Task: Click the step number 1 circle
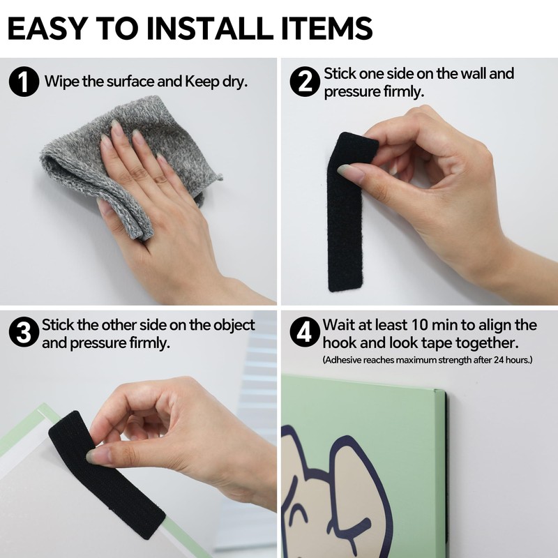coord(24,82)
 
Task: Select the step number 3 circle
coord(24,333)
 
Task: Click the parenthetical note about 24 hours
coord(428,360)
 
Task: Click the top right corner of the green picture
coord(439,392)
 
